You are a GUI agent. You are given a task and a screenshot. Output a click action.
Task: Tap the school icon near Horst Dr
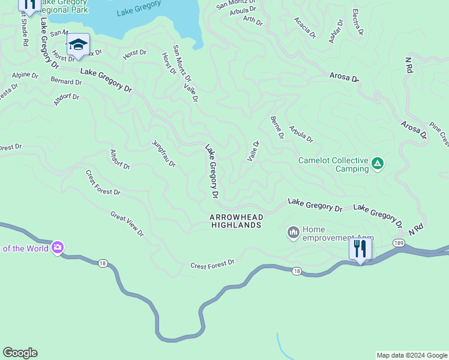(x=78, y=45)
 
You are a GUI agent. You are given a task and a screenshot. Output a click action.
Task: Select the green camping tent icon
(x=378, y=163)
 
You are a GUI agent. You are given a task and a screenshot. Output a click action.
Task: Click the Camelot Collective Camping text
(x=333, y=164)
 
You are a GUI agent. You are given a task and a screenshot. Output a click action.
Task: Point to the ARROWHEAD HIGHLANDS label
(x=236, y=221)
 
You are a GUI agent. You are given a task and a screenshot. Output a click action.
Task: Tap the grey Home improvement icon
(x=294, y=232)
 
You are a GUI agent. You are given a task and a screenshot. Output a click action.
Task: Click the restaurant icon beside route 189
(x=360, y=248)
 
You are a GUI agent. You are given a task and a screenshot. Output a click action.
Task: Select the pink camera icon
(x=58, y=247)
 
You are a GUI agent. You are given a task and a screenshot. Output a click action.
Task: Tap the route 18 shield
(x=297, y=271)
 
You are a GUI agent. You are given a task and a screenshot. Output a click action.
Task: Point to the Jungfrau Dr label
(x=164, y=154)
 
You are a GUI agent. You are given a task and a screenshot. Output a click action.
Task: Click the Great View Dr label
(x=127, y=223)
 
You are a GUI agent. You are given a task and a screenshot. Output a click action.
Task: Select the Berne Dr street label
(x=277, y=128)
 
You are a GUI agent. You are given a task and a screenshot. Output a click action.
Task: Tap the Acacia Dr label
(x=304, y=28)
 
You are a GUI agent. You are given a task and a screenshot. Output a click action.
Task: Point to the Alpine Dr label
(x=25, y=76)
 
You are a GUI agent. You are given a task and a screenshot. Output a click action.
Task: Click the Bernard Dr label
(x=66, y=81)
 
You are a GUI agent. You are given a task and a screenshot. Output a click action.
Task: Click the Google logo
(x=20, y=353)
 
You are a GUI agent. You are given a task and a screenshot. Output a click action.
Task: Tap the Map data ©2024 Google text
(x=411, y=355)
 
